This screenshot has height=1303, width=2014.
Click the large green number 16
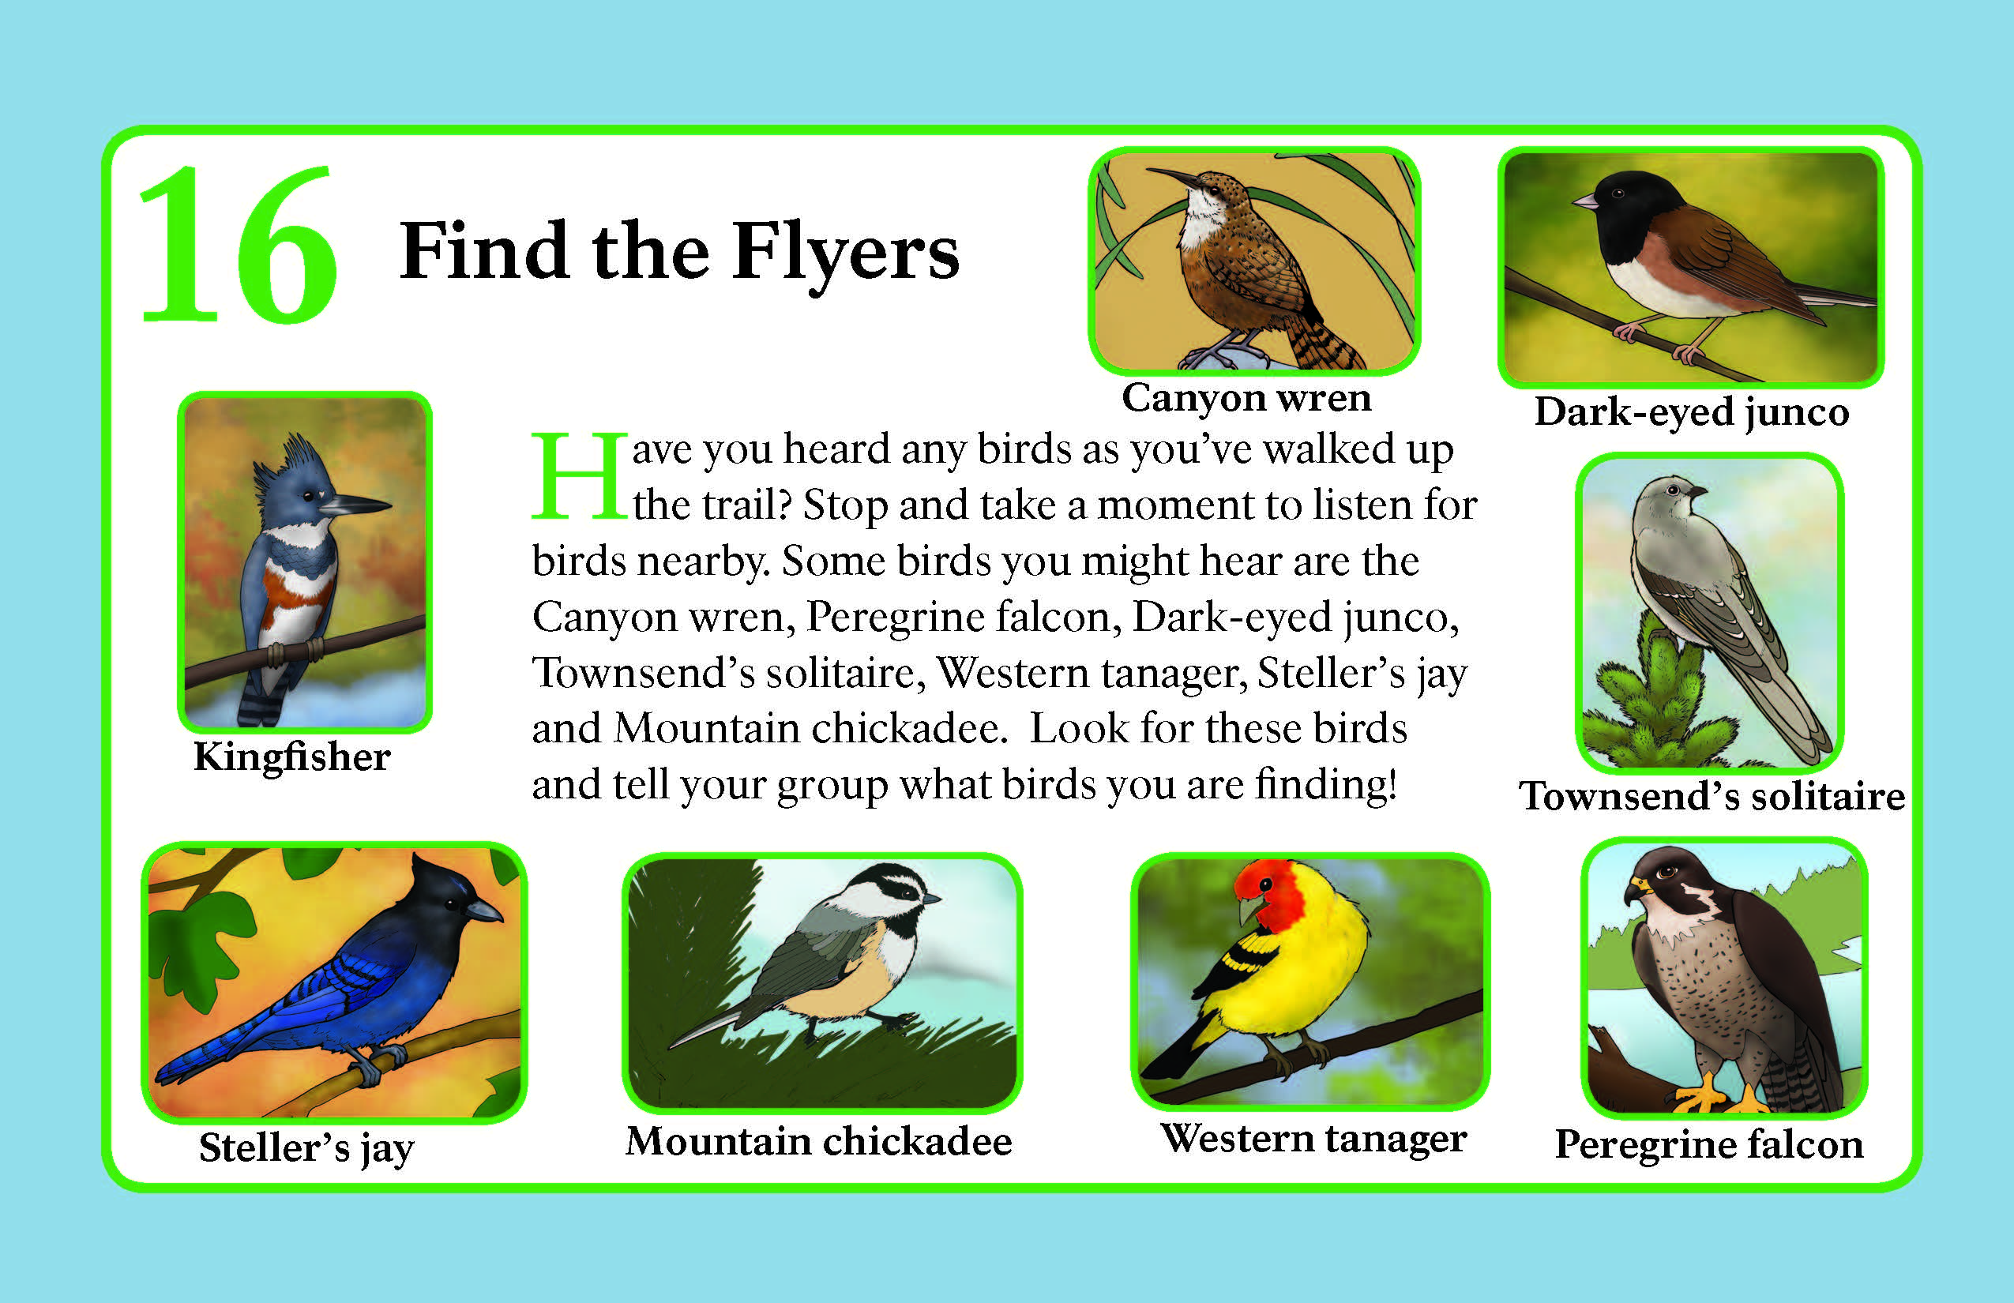239,245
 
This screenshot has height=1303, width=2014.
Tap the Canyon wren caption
1246,398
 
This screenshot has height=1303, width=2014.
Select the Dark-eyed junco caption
1692,413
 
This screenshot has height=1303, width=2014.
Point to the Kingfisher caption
292,757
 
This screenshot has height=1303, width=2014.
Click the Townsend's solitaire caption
1711,796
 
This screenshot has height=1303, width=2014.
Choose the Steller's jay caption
306,1149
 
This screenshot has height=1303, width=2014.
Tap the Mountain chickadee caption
819,1140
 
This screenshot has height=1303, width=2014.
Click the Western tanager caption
1313,1139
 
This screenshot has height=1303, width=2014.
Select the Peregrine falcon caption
1709,1145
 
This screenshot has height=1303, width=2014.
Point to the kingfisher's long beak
355,505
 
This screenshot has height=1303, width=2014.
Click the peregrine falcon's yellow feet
1722,1096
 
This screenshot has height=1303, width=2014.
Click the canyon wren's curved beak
1173,177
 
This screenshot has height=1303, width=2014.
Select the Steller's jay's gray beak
483,911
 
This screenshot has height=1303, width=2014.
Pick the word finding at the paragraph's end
1325,786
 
